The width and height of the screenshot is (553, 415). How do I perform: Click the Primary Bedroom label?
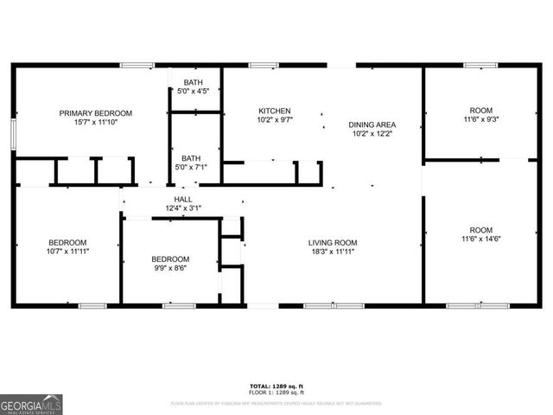(x=95, y=113)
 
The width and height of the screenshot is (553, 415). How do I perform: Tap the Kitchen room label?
(x=274, y=111)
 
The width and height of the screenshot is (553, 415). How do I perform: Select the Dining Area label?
(x=372, y=124)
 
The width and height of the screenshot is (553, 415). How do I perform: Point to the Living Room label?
(x=333, y=242)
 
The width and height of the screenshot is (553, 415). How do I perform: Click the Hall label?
(x=183, y=199)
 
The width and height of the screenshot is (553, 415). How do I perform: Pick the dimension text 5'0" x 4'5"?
(x=194, y=90)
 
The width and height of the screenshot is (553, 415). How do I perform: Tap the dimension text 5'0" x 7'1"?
(x=192, y=168)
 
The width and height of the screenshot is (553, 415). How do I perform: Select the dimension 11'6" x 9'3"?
(x=480, y=120)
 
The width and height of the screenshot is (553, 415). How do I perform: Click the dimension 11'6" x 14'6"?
(x=480, y=239)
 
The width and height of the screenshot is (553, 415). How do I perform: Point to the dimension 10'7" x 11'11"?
(x=67, y=251)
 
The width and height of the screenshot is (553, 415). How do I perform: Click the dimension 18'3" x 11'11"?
(x=333, y=252)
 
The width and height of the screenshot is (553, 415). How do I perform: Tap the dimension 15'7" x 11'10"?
(x=95, y=123)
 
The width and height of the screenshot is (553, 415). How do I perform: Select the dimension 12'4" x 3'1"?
(x=183, y=208)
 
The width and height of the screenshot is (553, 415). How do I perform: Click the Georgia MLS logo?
(x=31, y=404)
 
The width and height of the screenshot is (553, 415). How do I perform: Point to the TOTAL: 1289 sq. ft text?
(x=276, y=386)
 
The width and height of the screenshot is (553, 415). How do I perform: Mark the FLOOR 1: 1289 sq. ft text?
(x=276, y=393)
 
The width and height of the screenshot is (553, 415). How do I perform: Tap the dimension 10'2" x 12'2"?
(x=372, y=133)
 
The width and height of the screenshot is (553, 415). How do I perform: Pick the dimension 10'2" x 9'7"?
(x=274, y=120)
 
